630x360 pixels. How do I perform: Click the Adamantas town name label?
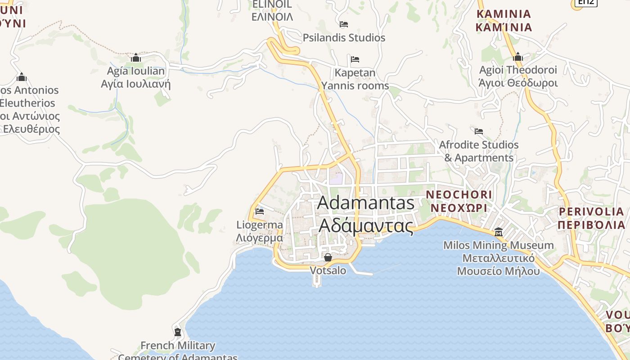(365, 214)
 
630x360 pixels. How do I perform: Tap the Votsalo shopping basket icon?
(328, 257)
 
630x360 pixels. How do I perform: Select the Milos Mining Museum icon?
(499, 232)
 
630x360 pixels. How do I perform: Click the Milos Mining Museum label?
(498, 258)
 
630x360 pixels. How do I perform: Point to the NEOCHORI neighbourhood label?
(459, 201)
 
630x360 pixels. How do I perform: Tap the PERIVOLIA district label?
(591, 218)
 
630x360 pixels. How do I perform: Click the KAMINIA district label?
(504, 21)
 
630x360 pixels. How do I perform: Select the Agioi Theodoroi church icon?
(518, 57)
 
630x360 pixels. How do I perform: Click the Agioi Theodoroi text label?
(518, 76)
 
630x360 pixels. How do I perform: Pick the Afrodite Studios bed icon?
(479, 131)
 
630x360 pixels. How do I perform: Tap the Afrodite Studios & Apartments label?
(479, 151)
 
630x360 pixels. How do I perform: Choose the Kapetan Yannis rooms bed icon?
(355, 59)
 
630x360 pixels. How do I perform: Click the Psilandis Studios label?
(344, 38)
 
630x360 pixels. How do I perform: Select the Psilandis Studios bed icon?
(344, 24)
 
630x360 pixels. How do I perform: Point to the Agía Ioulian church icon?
(135, 58)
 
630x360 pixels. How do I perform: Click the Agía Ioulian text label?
(135, 77)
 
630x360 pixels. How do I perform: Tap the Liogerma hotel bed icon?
(260, 211)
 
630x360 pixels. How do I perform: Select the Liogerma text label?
(260, 231)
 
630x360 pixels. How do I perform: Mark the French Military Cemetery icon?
(177, 332)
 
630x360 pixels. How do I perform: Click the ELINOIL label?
(272, 11)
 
